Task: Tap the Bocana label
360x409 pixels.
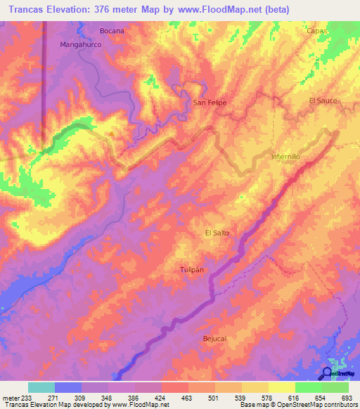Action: click(x=112, y=31)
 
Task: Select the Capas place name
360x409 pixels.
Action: click(x=318, y=31)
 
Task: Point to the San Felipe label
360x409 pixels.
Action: click(x=210, y=103)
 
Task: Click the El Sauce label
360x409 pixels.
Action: click(x=323, y=101)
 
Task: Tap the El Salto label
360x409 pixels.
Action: click(x=217, y=233)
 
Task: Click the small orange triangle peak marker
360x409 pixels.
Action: click(x=111, y=133)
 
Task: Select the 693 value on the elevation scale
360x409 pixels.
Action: click(x=347, y=398)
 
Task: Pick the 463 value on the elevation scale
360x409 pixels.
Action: click(x=186, y=398)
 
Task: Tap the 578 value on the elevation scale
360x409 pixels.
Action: click(x=266, y=398)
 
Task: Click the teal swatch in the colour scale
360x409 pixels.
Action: click(x=41, y=387)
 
